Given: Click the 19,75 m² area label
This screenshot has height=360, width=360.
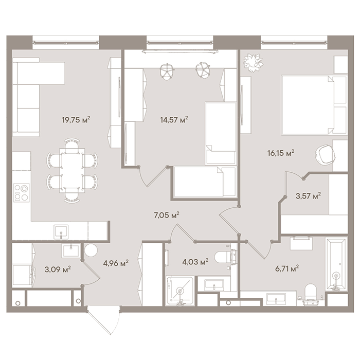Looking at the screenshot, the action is tap(76, 120).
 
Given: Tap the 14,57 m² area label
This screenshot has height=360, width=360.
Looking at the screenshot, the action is tap(174, 120).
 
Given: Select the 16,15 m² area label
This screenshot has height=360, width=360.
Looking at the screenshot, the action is tap(281, 153).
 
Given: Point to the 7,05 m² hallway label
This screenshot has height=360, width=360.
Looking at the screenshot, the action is tap(167, 215).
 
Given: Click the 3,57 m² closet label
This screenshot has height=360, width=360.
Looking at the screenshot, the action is tap(308, 196).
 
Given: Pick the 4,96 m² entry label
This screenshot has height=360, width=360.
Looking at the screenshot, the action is tap(116, 263).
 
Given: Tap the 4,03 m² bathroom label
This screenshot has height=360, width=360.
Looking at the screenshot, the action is tap(195, 261).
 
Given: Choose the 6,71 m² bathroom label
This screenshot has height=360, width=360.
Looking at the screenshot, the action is tap(287, 268).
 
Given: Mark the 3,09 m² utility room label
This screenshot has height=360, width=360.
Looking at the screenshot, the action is tap(58, 269).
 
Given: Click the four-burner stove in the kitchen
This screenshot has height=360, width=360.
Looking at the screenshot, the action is tap(22, 193).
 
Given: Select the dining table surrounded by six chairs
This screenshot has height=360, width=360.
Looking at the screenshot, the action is tap(72, 170).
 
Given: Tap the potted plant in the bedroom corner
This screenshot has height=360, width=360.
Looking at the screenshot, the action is tap(253, 63).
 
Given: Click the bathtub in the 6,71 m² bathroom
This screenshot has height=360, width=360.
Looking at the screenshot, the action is tap(336, 265).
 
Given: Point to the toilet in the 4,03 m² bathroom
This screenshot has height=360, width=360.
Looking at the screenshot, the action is tap(226, 257).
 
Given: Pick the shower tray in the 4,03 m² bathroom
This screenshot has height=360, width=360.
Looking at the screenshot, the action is tap(180, 291).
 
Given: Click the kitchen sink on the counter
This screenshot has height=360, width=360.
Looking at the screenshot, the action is tap(61, 232).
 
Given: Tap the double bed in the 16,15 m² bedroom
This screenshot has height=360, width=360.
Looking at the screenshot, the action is tap(314, 105).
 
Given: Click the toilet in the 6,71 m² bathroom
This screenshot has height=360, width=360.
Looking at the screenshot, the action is tap(311, 295).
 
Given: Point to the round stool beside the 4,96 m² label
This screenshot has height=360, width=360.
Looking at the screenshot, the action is tap(91, 250).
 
